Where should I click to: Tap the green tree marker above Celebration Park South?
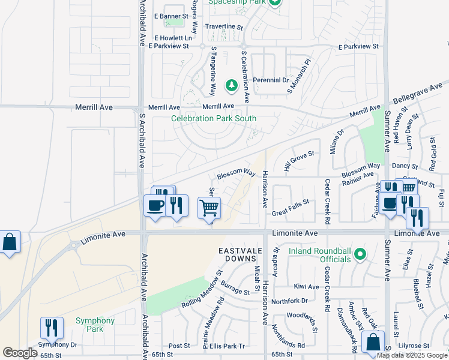[x=231, y=86]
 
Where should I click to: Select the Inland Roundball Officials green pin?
[x=360, y=254]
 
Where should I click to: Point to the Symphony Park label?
[x=95, y=325]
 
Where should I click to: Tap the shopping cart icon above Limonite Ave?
[x=209, y=208]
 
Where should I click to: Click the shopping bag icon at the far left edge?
[x=10, y=242]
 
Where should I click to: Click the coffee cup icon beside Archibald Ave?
[x=155, y=206]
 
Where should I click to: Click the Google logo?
[x=20, y=353]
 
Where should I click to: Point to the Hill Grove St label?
[x=299, y=160]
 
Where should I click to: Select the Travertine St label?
[x=224, y=28]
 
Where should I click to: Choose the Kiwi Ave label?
[x=306, y=287]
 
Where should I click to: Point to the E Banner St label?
[x=171, y=16]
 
